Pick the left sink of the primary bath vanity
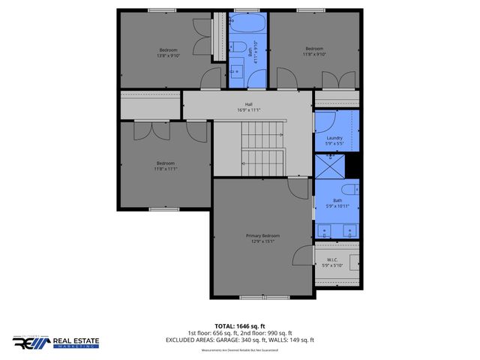click(328, 229)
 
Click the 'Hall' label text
click(247, 104)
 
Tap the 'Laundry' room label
click(334, 138)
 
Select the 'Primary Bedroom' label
click(262, 235)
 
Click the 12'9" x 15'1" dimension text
click(262, 241)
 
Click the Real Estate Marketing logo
click(55, 342)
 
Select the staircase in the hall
click(262, 147)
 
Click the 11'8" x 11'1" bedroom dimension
click(165, 169)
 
